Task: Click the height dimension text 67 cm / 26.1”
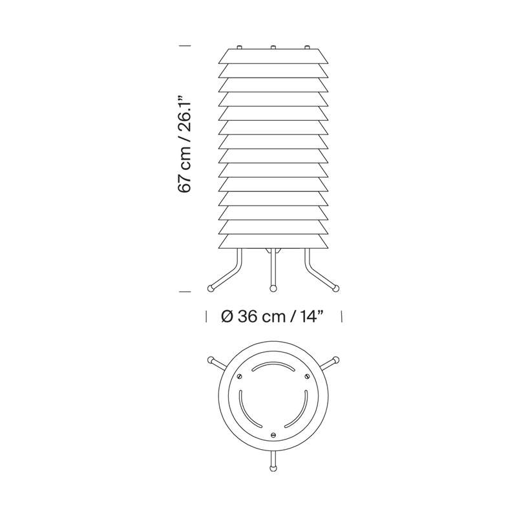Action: pyautogui.click(x=185, y=145)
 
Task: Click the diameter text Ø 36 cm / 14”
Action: pyautogui.click(x=271, y=317)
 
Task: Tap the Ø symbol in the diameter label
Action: pyautogui.click(x=227, y=317)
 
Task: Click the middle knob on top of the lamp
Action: pyautogui.click(x=273, y=47)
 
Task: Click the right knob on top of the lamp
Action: pyautogui.click(x=307, y=47)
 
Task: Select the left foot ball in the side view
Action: pyautogui.click(x=210, y=288)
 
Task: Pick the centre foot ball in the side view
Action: pyautogui.click(x=273, y=289)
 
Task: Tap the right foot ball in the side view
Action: pyautogui.click(x=335, y=288)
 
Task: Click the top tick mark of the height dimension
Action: pyautogui.click(x=185, y=45)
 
